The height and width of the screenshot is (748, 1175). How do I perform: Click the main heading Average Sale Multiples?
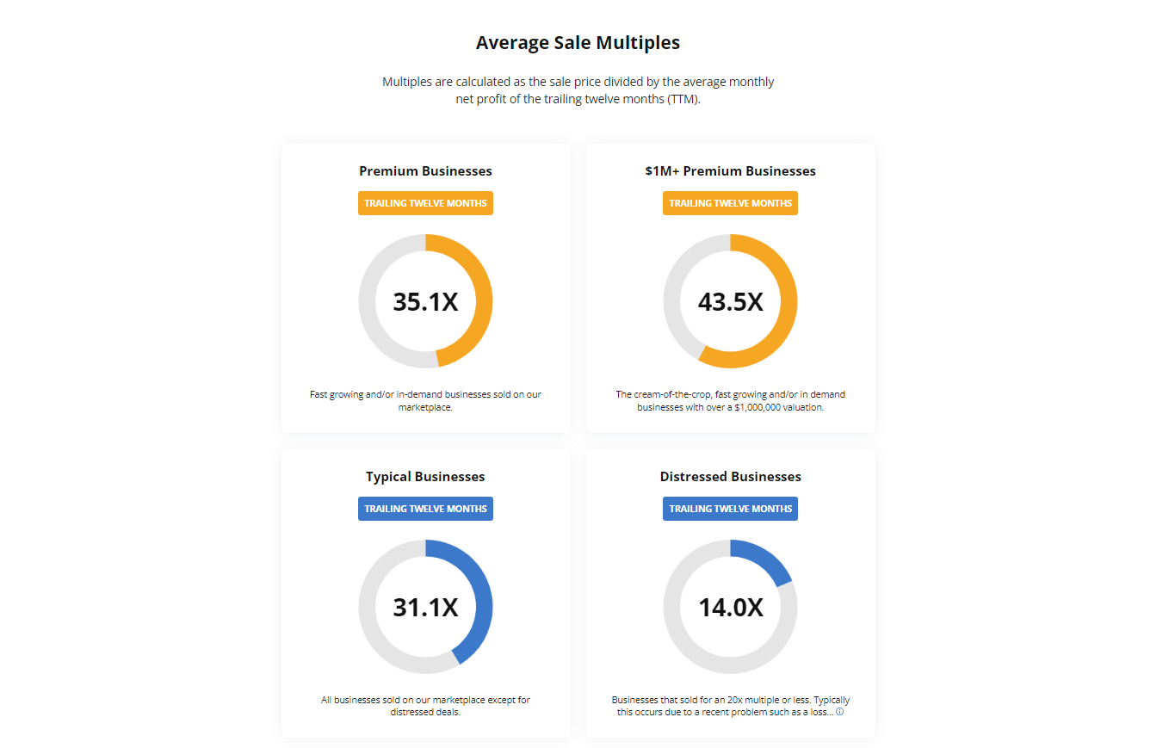point(578,42)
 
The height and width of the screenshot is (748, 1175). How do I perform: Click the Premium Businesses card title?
point(425,170)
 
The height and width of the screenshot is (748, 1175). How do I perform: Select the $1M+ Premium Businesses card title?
point(730,170)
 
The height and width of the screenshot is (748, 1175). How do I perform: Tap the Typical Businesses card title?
point(425,476)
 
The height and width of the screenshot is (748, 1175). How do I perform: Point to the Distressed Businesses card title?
point(730,476)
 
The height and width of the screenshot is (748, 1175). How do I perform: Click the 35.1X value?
point(425,302)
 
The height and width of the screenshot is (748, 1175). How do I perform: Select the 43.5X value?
point(730,302)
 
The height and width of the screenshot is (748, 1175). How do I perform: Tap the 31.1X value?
point(425,608)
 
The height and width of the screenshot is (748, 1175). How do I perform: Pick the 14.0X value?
point(730,608)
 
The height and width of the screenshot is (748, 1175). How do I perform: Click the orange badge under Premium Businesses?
point(425,203)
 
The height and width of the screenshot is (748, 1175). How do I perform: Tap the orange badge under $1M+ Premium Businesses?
point(730,203)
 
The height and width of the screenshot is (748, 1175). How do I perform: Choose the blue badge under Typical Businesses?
point(425,509)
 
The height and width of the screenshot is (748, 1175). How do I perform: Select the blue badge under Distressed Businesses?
point(730,509)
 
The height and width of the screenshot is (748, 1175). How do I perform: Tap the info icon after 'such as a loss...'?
point(839,712)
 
